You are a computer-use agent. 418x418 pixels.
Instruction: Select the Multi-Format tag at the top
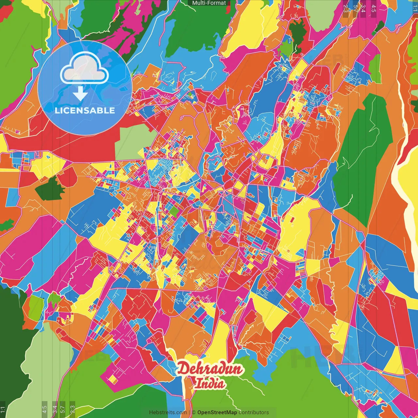click(x=209, y=3)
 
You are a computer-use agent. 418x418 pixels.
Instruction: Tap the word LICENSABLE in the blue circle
click(x=85, y=110)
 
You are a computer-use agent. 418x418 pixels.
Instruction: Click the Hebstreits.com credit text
click(x=168, y=412)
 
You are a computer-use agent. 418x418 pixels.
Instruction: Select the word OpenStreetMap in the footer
click(x=217, y=412)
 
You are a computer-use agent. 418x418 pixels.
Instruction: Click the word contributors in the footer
click(x=254, y=412)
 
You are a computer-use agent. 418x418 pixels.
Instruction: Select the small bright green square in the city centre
click(x=174, y=212)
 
